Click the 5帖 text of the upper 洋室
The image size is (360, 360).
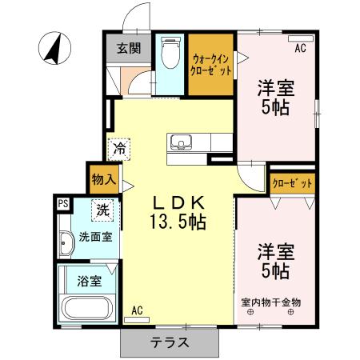(x=275, y=106)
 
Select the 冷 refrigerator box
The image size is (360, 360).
(x=120, y=147)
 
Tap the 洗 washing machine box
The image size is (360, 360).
(x=103, y=210)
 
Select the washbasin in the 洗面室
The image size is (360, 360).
(x=66, y=242)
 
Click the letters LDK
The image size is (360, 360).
(x=178, y=202)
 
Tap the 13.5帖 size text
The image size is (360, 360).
(x=178, y=222)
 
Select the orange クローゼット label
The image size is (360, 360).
(x=291, y=183)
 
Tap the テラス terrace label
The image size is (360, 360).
(x=170, y=342)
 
